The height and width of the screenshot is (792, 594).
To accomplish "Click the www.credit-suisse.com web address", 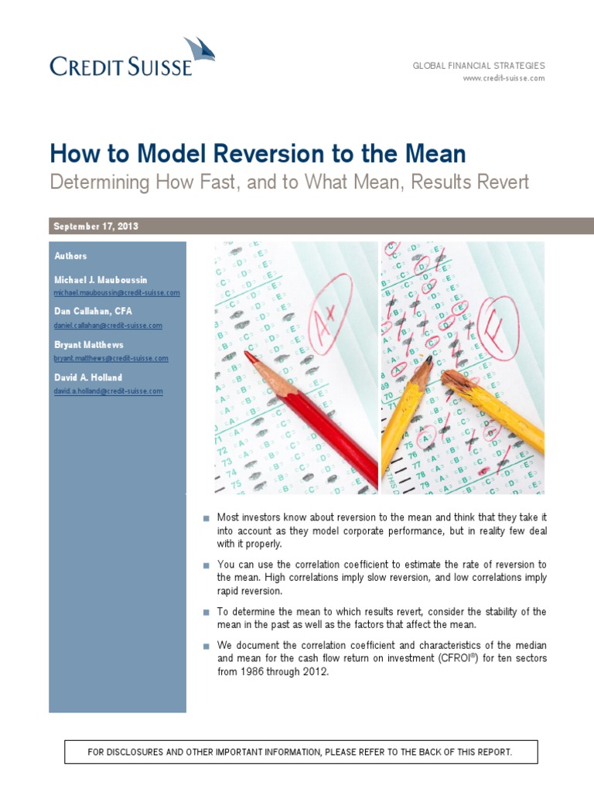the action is pos(504,78).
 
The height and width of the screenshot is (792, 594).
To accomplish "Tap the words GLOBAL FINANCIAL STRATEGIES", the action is pos(479,66).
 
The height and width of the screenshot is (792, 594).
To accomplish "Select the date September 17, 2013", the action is pos(95,226).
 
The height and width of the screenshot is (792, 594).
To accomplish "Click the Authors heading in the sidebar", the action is pos(70,256).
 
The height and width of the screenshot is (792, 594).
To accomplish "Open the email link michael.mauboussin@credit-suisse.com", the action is pos(117,293).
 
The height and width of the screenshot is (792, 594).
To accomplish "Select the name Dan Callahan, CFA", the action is pos(93,312).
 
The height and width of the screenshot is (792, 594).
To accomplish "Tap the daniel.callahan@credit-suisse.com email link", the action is pos(108,326).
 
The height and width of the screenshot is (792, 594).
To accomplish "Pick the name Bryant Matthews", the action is pos(88,345).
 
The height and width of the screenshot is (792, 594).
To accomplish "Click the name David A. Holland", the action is pos(88,377).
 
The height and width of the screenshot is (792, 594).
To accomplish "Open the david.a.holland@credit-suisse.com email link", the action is pos(108,391).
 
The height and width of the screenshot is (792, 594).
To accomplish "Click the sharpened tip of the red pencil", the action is pos(247,354).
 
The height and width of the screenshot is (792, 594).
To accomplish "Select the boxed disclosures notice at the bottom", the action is pos(301,752).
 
